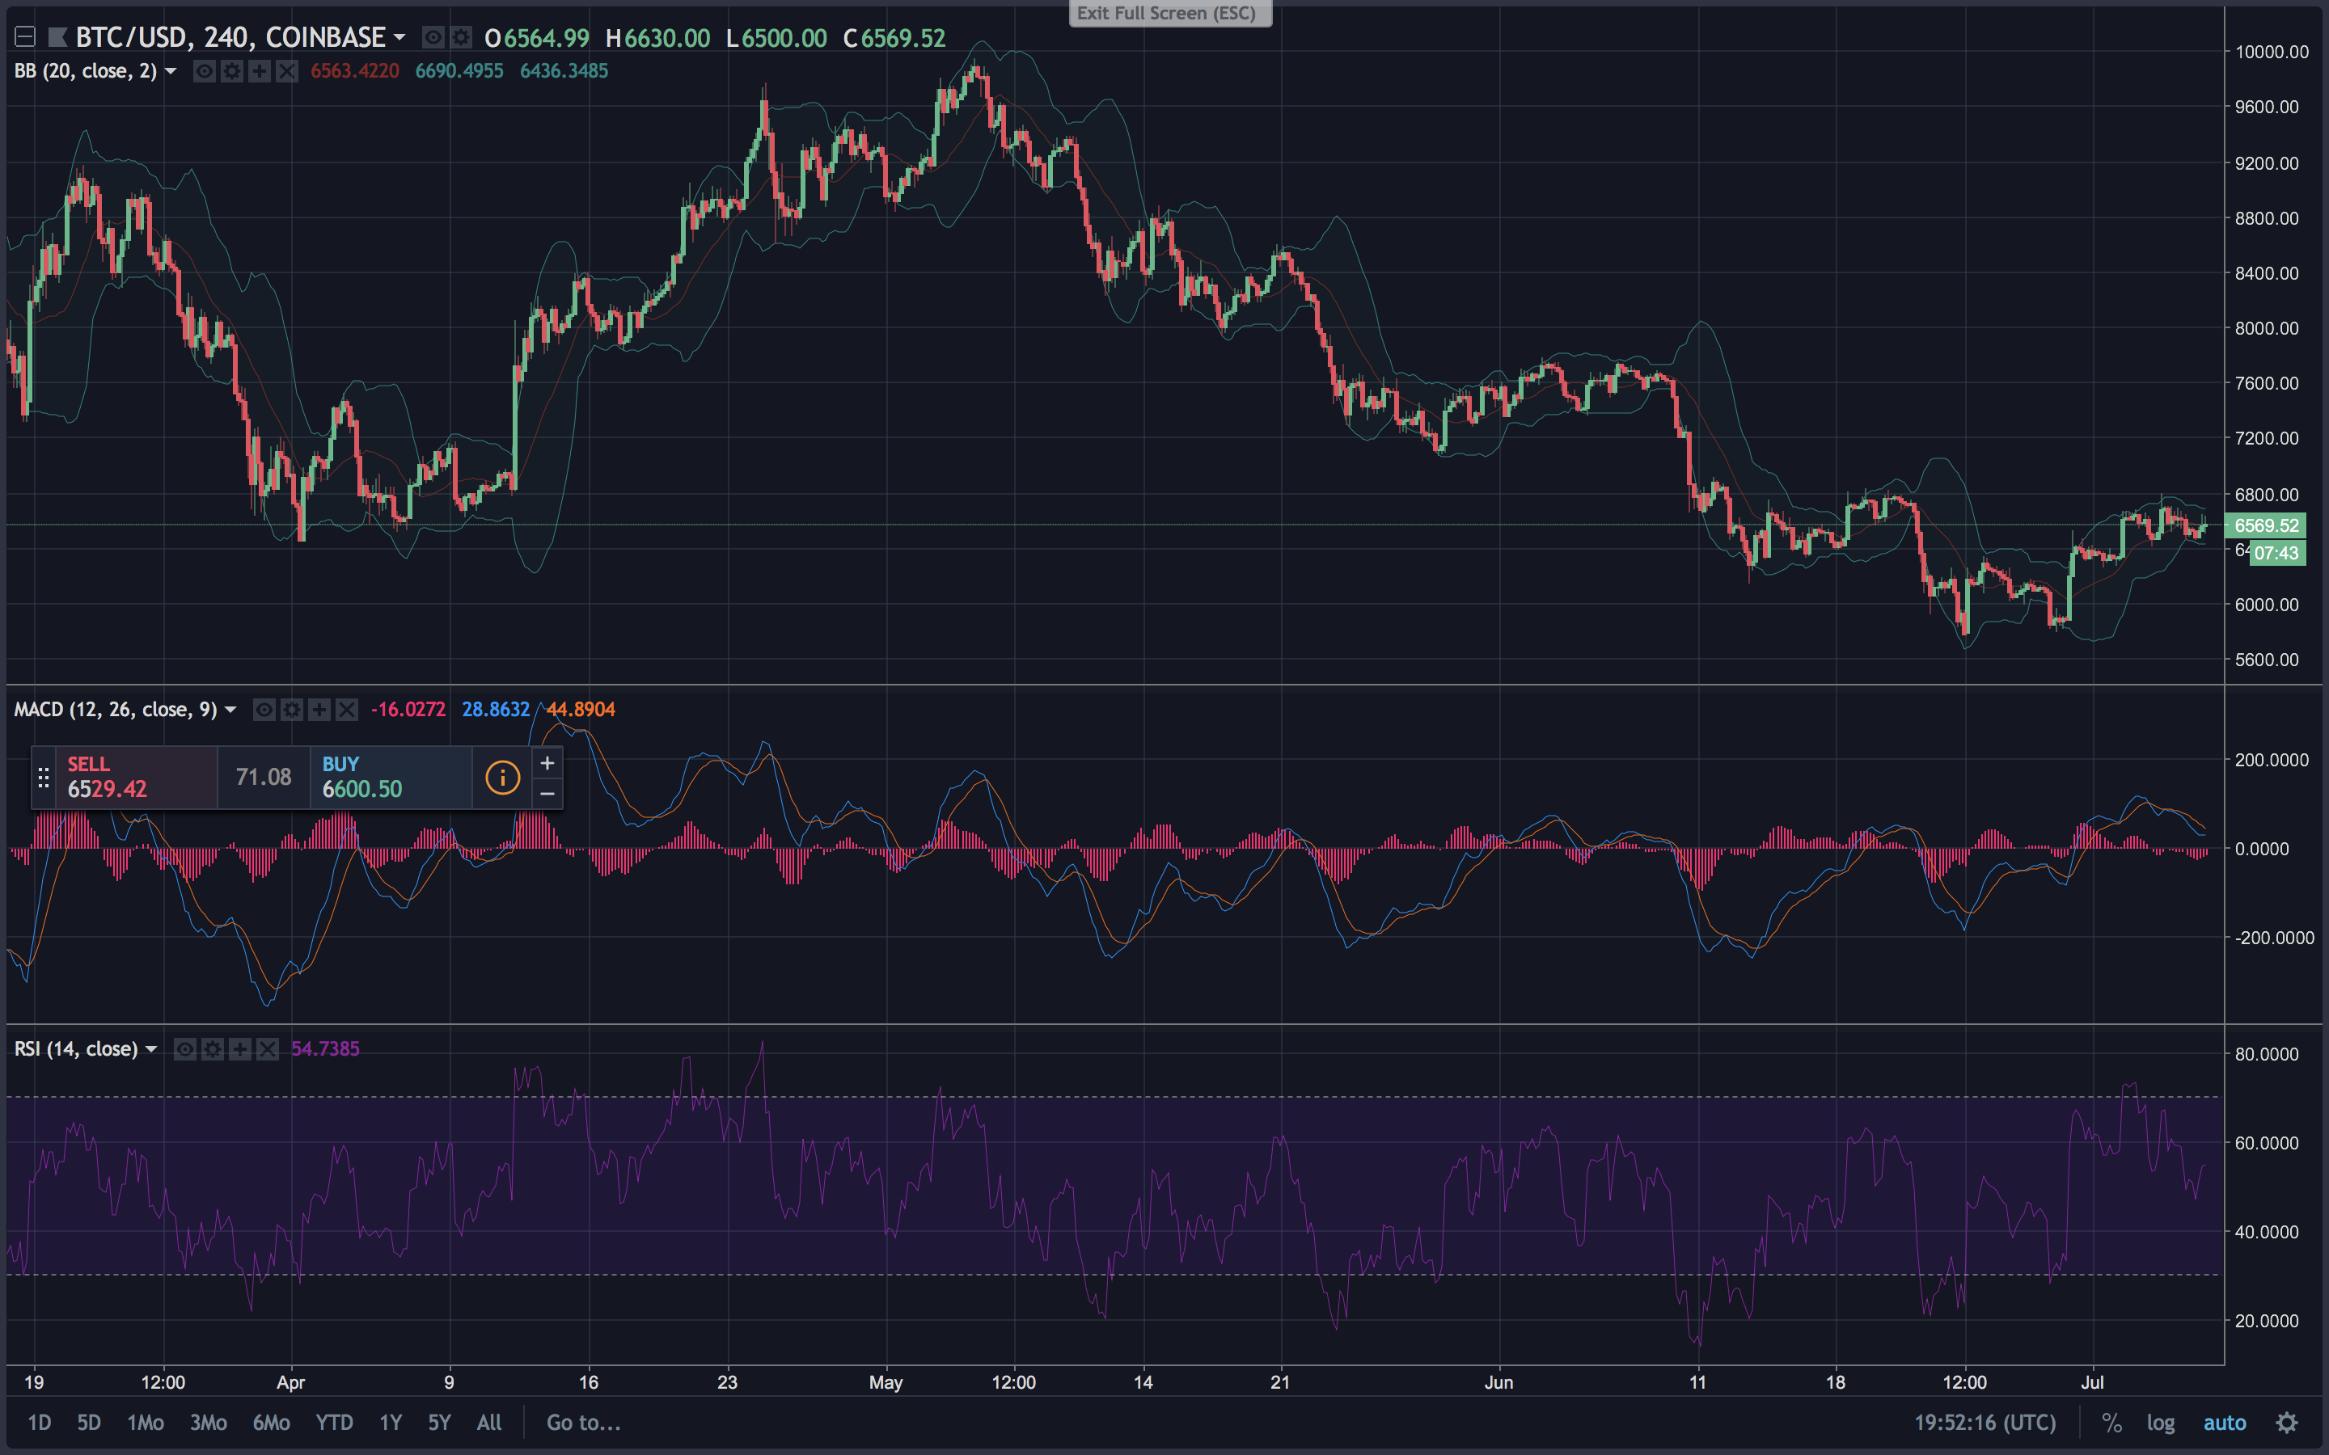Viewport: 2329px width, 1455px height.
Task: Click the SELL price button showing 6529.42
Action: click(x=123, y=778)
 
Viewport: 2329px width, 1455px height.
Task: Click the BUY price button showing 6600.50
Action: click(x=390, y=778)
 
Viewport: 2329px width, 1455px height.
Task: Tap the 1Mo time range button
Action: click(x=146, y=1423)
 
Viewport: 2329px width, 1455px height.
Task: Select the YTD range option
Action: click(x=334, y=1423)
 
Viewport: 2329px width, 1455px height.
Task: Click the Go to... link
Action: click(x=583, y=1423)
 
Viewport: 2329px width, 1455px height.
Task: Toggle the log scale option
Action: click(x=2160, y=1423)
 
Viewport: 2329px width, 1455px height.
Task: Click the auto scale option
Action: click(x=2224, y=1423)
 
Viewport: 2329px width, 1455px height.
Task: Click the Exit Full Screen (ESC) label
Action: click(x=1169, y=14)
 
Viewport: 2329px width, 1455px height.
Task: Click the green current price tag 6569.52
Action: click(x=2265, y=525)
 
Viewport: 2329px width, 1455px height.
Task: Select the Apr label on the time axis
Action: click(x=290, y=1383)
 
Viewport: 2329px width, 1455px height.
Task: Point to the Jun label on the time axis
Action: click(x=1498, y=1383)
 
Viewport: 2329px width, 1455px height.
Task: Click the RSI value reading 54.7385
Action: click(x=325, y=1049)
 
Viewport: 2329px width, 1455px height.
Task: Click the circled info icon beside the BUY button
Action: click(x=502, y=778)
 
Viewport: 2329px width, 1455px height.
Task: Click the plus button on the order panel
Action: click(x=547, y=763)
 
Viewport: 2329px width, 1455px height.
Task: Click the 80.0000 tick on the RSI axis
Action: click(x=2267, y=1055)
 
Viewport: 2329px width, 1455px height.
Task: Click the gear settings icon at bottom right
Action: click(x=2287, y=1423)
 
